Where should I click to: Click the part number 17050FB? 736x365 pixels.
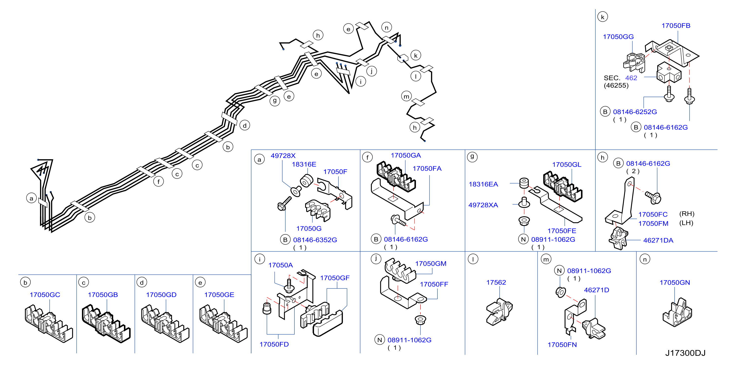(x=676, y=26)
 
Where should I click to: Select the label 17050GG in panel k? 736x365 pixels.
(x=618, y=37)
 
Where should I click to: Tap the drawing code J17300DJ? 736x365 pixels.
(x=685, y=353)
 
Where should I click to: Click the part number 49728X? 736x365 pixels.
(x=283, y=156)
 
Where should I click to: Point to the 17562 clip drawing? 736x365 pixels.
(x=499, y=312)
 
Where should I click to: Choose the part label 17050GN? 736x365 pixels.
(x=675, y=283)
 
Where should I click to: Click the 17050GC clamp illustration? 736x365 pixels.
(x=49, y=323)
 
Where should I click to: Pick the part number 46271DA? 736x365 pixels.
(x=658, y=240)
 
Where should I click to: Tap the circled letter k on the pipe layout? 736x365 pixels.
(x=416, y=56)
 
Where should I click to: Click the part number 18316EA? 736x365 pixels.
(x=483, y=184)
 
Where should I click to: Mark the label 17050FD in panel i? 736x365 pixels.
(x=274, y=344)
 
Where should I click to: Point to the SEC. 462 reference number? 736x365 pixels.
(x=631, y=78)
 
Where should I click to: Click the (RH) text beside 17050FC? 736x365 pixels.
(x=687, y=214)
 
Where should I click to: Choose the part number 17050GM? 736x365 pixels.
(x=431, y=264)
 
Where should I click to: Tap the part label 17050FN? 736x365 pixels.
(x=562, y=345)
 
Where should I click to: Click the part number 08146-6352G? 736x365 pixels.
(x=315, y=240)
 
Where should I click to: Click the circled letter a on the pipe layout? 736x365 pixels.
(x=31, y=198)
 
